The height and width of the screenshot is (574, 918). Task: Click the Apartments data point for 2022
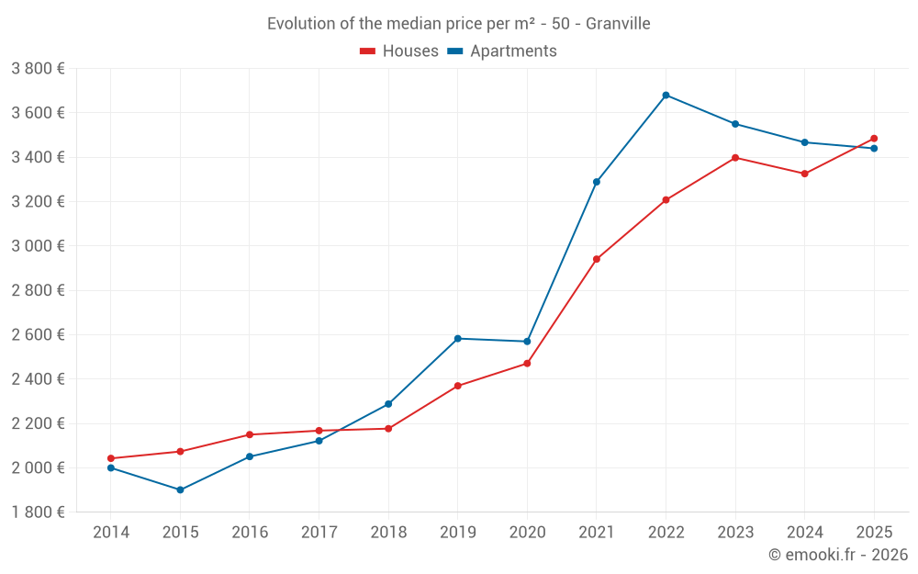666,95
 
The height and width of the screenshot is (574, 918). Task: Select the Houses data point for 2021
596,259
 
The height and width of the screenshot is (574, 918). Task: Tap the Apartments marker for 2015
180,490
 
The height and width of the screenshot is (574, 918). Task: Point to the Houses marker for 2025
874,139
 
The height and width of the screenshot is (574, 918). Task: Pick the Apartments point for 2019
457,339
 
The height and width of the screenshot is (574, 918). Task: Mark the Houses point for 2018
388,429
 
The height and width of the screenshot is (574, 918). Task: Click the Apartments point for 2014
110,467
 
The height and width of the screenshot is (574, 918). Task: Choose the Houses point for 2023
735,158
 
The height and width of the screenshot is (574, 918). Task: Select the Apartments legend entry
502,51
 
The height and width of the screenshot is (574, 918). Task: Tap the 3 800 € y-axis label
38,69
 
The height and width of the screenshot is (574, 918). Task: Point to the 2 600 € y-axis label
38,335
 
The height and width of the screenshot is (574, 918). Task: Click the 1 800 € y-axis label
38,512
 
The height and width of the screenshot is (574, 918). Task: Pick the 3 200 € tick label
38,202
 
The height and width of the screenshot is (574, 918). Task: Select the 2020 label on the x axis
527,533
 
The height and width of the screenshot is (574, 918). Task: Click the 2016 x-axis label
250,533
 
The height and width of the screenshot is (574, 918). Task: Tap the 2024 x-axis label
804,533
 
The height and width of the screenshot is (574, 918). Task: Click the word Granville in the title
618,24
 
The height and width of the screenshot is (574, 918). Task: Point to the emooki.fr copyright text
838,555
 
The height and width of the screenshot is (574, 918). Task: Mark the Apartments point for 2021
596,182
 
